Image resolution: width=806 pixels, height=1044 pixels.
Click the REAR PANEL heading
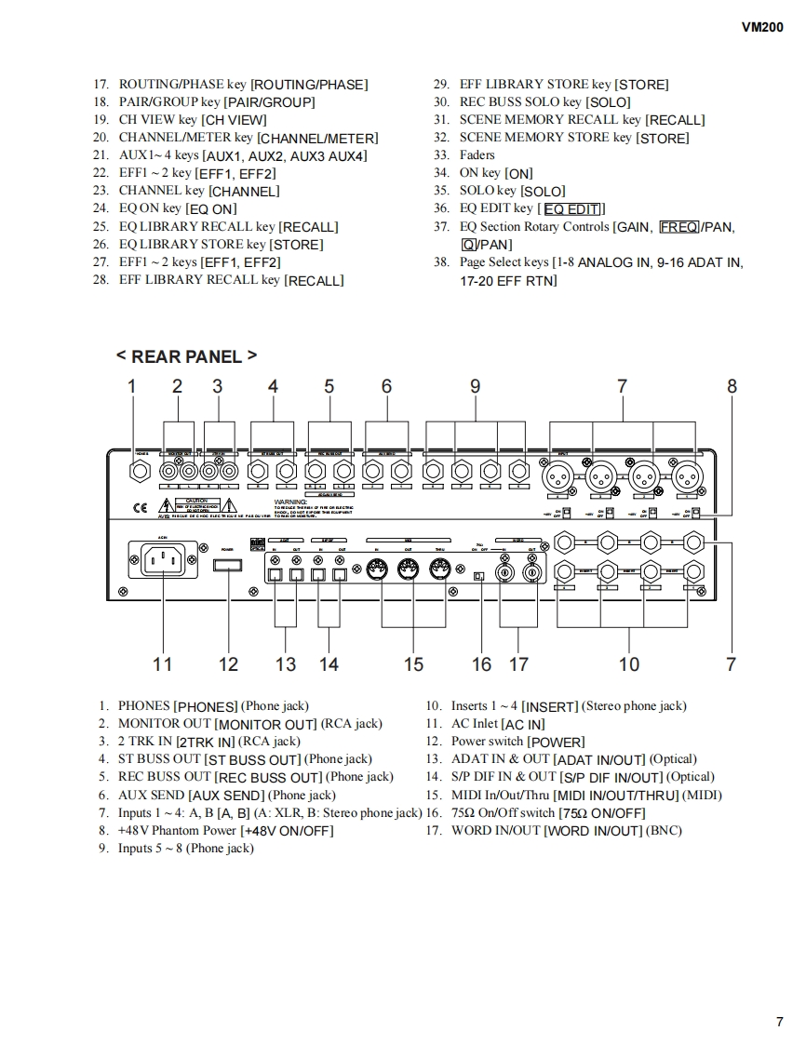(186, 356)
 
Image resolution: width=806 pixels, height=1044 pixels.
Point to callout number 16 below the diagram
(481, 663)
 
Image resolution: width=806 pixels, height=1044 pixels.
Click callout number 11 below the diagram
(163, 663)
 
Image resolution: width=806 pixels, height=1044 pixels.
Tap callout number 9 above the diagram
(475, 386)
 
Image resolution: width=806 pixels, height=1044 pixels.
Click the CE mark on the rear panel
(140, 508)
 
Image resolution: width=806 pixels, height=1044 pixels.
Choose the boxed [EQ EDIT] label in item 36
(571, 208)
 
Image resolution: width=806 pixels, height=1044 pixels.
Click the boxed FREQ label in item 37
(678, 226)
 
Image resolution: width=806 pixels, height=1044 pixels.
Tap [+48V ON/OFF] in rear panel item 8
(287, 831)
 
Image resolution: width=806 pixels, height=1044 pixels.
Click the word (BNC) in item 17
(665, 830)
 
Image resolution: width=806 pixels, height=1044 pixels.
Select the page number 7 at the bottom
(779, 1022)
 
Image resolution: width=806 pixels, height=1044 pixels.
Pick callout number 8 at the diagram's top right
(732, 386)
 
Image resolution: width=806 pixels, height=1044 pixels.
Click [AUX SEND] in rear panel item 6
(227, 796)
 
